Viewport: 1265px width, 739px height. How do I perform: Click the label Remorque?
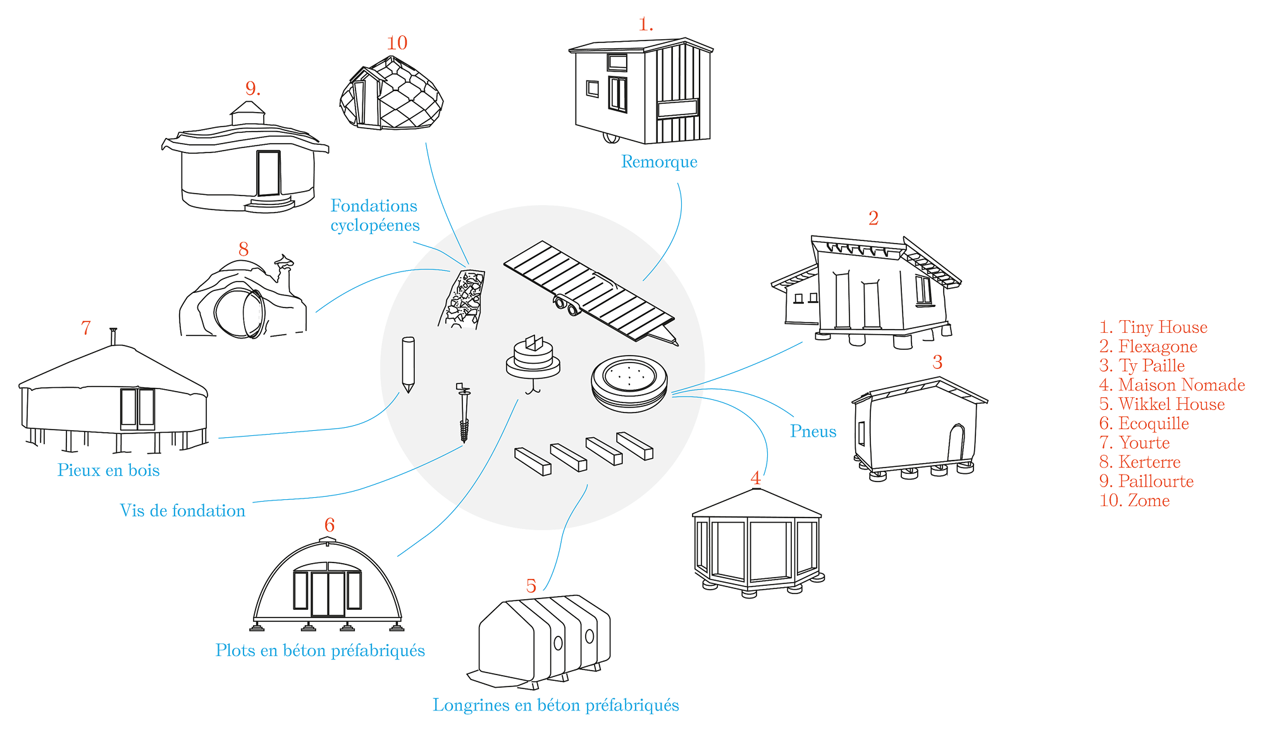point(659,162)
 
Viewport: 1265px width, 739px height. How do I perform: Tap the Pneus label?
point(813,432)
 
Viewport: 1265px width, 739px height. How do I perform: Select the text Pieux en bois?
point(108,470)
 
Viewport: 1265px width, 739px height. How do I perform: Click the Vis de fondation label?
point(183,511)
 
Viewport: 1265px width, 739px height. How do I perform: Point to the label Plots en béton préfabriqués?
point(320,650)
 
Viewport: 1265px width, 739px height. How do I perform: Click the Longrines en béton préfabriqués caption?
point(555,705)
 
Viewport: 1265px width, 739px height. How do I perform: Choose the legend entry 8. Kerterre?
point(1140,462)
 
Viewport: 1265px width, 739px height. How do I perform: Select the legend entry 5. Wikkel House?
point(1162,404)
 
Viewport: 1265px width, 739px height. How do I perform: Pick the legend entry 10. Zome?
point(1135,500)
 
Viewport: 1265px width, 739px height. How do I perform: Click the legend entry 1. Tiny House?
point(1153,327)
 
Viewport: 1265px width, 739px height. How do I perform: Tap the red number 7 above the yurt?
point(86,328)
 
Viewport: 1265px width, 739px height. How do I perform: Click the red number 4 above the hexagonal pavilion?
point(755,478)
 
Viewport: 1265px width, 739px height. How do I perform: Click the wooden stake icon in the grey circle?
point(408,364)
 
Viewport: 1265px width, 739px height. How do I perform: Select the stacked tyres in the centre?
point(629,383)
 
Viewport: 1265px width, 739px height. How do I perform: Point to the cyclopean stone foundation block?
point(463,299)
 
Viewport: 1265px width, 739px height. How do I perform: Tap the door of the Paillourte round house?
point(268,173)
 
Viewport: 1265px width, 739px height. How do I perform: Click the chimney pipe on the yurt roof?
point(113,336)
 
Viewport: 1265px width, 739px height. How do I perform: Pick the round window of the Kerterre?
point(240,313)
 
